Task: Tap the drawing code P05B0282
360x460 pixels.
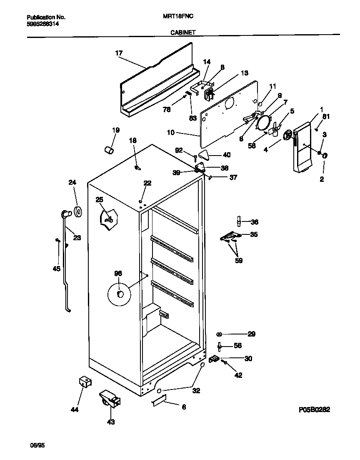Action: coord(314,410)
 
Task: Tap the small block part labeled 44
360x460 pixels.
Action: coord(85,382)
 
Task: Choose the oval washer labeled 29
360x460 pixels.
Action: coord(219,334)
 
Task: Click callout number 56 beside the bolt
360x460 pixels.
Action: coord(237,345)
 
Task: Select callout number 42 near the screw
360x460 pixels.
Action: coord(238,375)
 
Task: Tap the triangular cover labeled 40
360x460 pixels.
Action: coord(204,155)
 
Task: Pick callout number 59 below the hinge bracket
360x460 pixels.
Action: coord(239,261)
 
